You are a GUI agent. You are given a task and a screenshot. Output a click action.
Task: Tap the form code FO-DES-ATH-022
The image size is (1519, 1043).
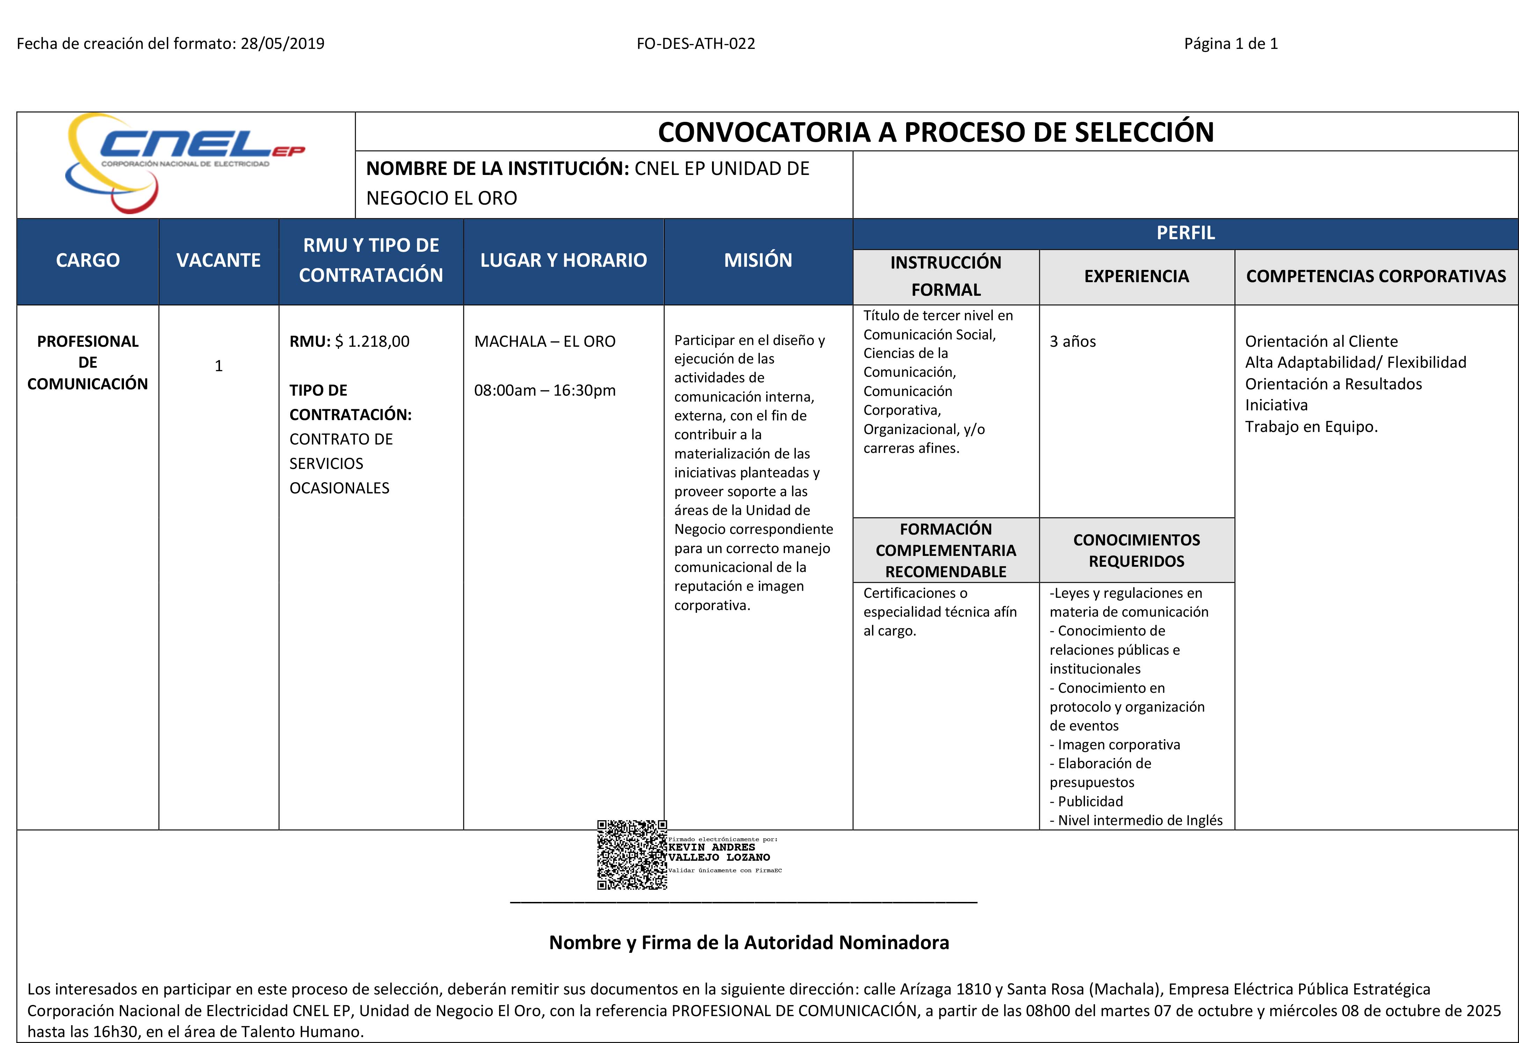tap(696, 44)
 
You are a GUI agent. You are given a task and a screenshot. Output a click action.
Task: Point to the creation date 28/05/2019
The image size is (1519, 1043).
tap(282, 44)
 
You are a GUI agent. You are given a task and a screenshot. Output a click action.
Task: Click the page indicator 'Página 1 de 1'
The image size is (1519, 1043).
tap(1231, 44)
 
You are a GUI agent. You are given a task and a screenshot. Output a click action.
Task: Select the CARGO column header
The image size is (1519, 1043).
tap(88, 260)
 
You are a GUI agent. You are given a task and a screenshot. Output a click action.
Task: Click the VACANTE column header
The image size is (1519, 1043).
tap(218, 260)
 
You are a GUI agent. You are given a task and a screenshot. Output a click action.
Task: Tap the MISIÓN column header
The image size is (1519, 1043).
tap(757, 260)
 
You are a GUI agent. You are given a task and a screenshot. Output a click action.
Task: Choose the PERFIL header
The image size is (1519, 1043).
tap(1185, 233)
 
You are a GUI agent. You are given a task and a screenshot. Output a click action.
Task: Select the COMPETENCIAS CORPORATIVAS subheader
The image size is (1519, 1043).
tap(1376, 277)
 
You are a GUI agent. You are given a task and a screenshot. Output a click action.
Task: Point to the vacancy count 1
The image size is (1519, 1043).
tap(218, 366)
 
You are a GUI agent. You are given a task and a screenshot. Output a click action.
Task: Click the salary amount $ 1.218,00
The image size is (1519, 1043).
tap(372, 341)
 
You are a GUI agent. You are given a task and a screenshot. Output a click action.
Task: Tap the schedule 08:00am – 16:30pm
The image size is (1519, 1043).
tap(544, 390)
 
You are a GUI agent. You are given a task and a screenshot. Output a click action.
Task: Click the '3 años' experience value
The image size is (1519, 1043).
tap(1073, 341)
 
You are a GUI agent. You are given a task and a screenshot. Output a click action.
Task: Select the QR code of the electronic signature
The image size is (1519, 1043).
tap(631, 855)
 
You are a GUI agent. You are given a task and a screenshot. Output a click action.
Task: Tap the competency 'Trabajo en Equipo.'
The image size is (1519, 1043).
tap(1311, 427)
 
